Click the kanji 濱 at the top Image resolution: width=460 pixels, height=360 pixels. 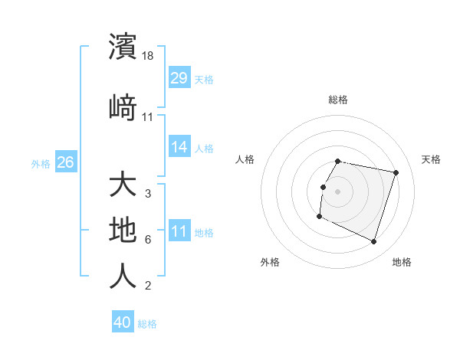point(123,47)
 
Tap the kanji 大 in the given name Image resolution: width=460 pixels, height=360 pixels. point(123,185)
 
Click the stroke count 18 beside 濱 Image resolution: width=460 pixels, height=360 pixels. point(149,56)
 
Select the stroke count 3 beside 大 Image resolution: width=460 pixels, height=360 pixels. point(148,194)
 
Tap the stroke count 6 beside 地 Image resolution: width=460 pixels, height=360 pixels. point(148,240)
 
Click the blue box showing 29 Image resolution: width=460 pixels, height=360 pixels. point(179,78)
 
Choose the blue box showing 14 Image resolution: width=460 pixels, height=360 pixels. point(179,147)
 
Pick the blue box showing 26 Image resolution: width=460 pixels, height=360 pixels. point(65,162)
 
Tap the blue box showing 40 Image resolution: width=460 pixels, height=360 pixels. point(123,322)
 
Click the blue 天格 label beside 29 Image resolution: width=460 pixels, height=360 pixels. point(204,79)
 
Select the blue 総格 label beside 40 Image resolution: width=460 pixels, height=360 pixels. point(147,323)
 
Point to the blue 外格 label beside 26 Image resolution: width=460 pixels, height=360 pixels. point(41,163)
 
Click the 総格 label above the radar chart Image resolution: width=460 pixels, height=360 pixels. point(338,100)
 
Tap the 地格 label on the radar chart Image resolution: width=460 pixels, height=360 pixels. point(402,262)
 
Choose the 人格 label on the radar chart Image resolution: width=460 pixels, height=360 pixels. point(245,159)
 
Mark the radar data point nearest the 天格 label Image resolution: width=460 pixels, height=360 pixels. point(396,173)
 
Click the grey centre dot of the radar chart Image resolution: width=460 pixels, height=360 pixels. point(337,191)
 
